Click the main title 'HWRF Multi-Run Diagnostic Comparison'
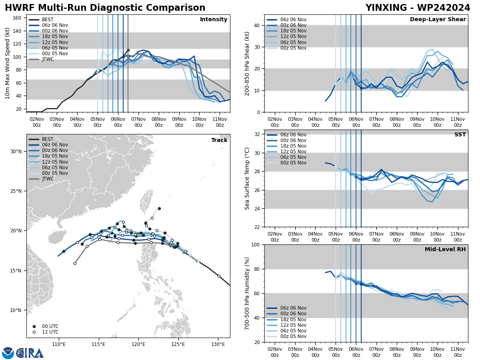(x=105, y=8)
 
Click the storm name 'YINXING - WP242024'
(x=418, y=8)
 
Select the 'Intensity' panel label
(x=214, y=20)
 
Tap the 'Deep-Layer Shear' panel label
(x=438, y=20)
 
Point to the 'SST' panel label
(x=460, y=135)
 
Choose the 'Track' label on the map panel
(x=219, y=140)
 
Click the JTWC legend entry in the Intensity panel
(x=48, y=59)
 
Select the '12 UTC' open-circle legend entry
(x=50, y=332)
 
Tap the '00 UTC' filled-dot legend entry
(x=50, y=326)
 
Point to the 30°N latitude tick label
(x=16, y=152)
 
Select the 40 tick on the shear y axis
(x=257, y=25)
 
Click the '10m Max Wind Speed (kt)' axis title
(x=8, y=63)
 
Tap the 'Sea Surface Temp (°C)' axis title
(x=247, y=178)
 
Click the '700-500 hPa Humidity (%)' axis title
(x=247, y=293)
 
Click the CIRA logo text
(x=30, y=353)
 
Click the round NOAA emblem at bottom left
(x=8, y=353)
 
